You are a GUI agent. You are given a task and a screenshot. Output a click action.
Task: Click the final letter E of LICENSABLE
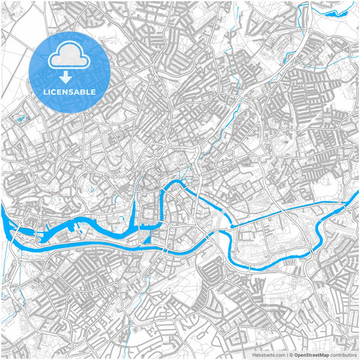pos(93,92)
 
